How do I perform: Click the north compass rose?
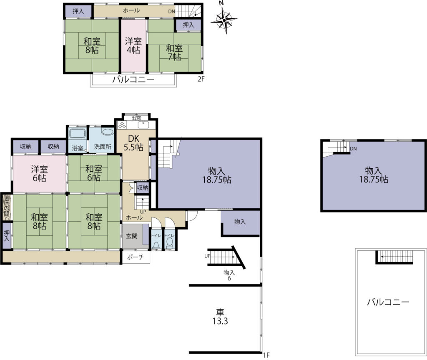point(224,20)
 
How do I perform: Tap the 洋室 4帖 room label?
point(133,46)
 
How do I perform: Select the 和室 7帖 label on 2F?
point(174,52)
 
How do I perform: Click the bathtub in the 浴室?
point(78,134)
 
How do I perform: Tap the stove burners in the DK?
point(121,125)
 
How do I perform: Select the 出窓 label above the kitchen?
point(136,118)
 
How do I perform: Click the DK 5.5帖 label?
point(133,143)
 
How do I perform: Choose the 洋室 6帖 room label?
point(39,174)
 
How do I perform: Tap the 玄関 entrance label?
point(131,236)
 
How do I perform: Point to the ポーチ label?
point(136,257)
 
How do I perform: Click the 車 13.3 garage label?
point(220,317)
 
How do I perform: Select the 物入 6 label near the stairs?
point(229,275)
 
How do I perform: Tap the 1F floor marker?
point(266,355)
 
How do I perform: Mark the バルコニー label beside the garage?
point(388,302)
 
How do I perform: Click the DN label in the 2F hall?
point(171,11)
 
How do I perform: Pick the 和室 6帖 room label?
point(94,173)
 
